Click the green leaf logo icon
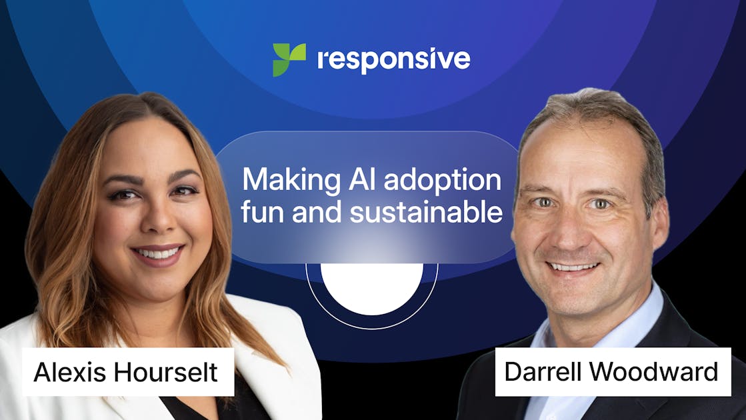pos(289,59)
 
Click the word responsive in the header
pos(393,59)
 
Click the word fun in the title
pos(261,212)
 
